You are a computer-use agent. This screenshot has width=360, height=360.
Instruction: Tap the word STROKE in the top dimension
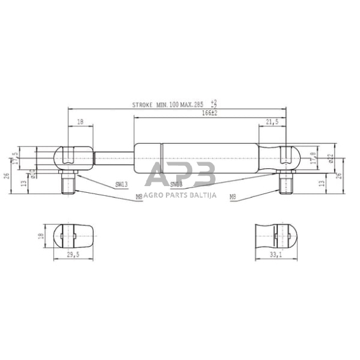(143, 105)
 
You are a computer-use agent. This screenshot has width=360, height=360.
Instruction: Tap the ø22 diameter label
(329, 159)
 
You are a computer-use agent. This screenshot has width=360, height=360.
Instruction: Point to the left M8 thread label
(139, 197)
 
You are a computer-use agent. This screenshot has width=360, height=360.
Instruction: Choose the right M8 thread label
(232, 197)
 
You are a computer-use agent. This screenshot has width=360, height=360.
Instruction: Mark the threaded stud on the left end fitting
(67, 182)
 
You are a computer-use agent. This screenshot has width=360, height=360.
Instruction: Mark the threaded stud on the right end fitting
(285, 182)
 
